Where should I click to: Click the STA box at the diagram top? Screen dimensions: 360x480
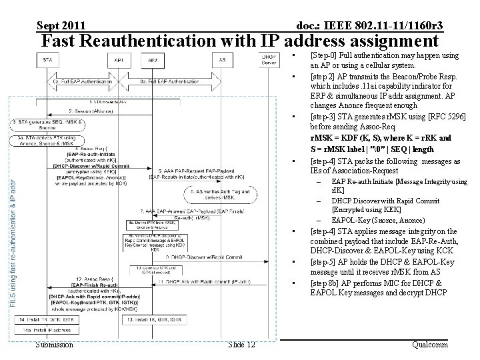point(47,60)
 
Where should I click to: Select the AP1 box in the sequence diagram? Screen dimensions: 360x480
point(119,60)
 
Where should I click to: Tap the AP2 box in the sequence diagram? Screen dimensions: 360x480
point(152,60)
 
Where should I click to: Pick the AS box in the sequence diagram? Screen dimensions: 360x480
point(222,60)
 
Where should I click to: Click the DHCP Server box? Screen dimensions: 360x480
point(269,60)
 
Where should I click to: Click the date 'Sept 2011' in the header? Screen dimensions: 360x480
point(61,25)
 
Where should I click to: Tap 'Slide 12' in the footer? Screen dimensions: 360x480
point(241,344)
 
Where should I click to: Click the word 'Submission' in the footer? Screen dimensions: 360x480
point(55,344)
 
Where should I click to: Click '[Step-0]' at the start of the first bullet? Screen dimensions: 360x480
point(326,55)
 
